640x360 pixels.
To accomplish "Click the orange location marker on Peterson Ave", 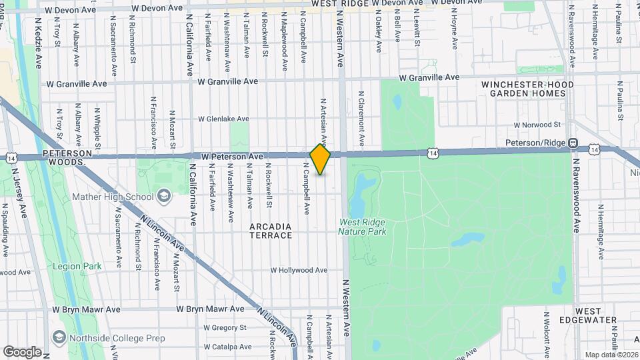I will point(320,159).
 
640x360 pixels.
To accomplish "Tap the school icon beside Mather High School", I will point(165,196).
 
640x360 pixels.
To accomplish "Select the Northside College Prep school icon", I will point(59,338).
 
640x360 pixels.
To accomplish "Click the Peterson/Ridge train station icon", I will point(572,143).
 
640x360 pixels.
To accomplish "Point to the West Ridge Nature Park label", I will point(363,227).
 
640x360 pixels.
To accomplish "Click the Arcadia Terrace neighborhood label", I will point(271,231).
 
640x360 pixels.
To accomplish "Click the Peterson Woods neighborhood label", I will point(65,157).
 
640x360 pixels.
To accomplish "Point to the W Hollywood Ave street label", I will point(299,270).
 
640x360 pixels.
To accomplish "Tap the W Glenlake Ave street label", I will point(223,119).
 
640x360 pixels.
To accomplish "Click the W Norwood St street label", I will point(538,125).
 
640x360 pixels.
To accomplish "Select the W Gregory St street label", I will point(225,327).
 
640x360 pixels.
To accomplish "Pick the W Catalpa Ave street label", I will point(227,347).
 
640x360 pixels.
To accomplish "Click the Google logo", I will point(22,351).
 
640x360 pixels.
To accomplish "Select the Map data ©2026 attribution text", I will point(611,354).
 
